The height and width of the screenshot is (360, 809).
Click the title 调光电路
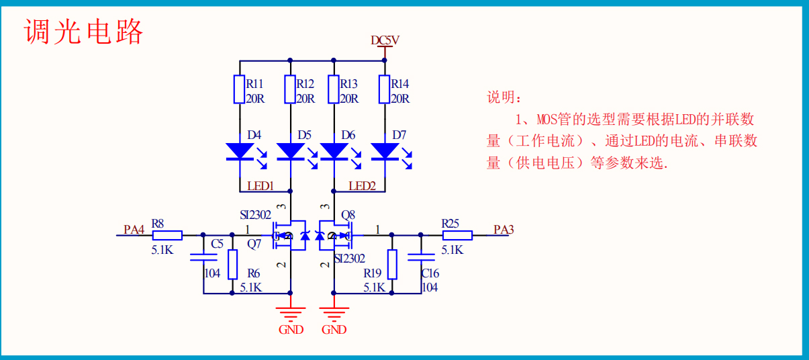(85, 31)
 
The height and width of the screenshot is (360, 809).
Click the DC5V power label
(385, 40)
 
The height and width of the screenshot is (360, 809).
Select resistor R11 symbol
(240, 89)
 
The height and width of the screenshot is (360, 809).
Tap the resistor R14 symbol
(385, 89)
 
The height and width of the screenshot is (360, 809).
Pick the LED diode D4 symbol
(240, 151)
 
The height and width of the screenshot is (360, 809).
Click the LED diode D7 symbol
(385, 151)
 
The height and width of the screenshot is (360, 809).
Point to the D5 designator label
(305, 135)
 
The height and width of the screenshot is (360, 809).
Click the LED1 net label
(260, 186)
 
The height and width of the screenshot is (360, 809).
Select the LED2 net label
(362, 186)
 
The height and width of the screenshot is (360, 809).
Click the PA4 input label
(134, 230)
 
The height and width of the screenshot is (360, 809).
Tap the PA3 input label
(504, 230)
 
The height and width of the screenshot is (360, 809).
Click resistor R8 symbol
(167, 235)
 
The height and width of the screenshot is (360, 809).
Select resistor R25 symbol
(457, 235)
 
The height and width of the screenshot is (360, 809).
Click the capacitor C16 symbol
(421, 257)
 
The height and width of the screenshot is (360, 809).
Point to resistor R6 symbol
(232, 265)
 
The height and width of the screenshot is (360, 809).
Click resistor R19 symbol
(392, 265)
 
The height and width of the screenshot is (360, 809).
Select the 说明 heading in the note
(504, 98)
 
